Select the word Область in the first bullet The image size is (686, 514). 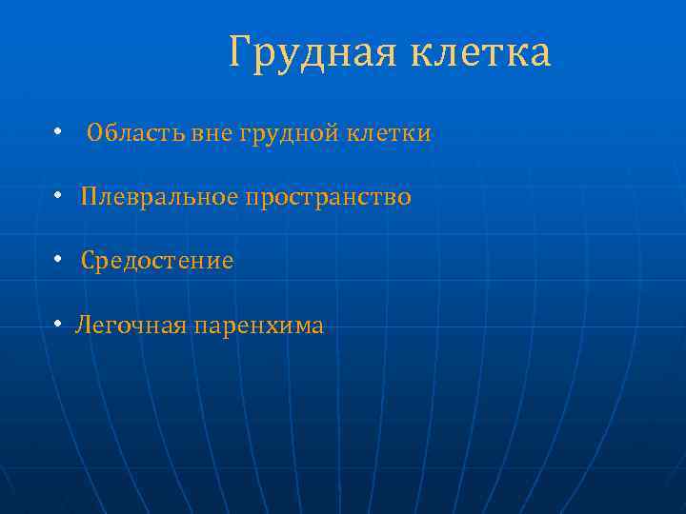tap(135, 133)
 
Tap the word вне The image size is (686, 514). tap(211, 134)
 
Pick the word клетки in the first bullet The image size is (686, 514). tap(388, 134)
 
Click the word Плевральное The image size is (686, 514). tap(159, 197)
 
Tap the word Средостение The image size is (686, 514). tap(157, 261)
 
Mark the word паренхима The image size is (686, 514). tap(258, 326)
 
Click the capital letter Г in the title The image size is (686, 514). tap(239, 54)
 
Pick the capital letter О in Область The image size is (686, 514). tap(94, 133)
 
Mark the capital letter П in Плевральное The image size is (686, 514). tap(89, 197)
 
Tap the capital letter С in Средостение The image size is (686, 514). tap(88, 261)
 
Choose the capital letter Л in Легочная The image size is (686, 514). tap(83, 326)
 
